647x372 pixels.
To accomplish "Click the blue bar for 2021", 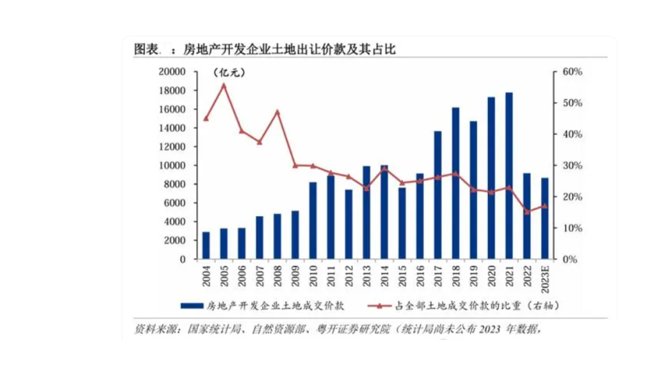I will [509, 176].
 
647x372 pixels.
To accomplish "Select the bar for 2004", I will [206, 245].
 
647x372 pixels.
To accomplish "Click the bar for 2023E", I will [545, 218].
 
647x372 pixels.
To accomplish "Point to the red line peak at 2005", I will [224, 85].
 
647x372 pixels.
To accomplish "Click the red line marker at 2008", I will [277, 111].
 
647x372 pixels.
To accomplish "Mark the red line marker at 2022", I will [527, 211].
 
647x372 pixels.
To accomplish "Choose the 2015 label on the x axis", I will [402, 277].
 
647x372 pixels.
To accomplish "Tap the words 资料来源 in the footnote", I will [156, 329].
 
